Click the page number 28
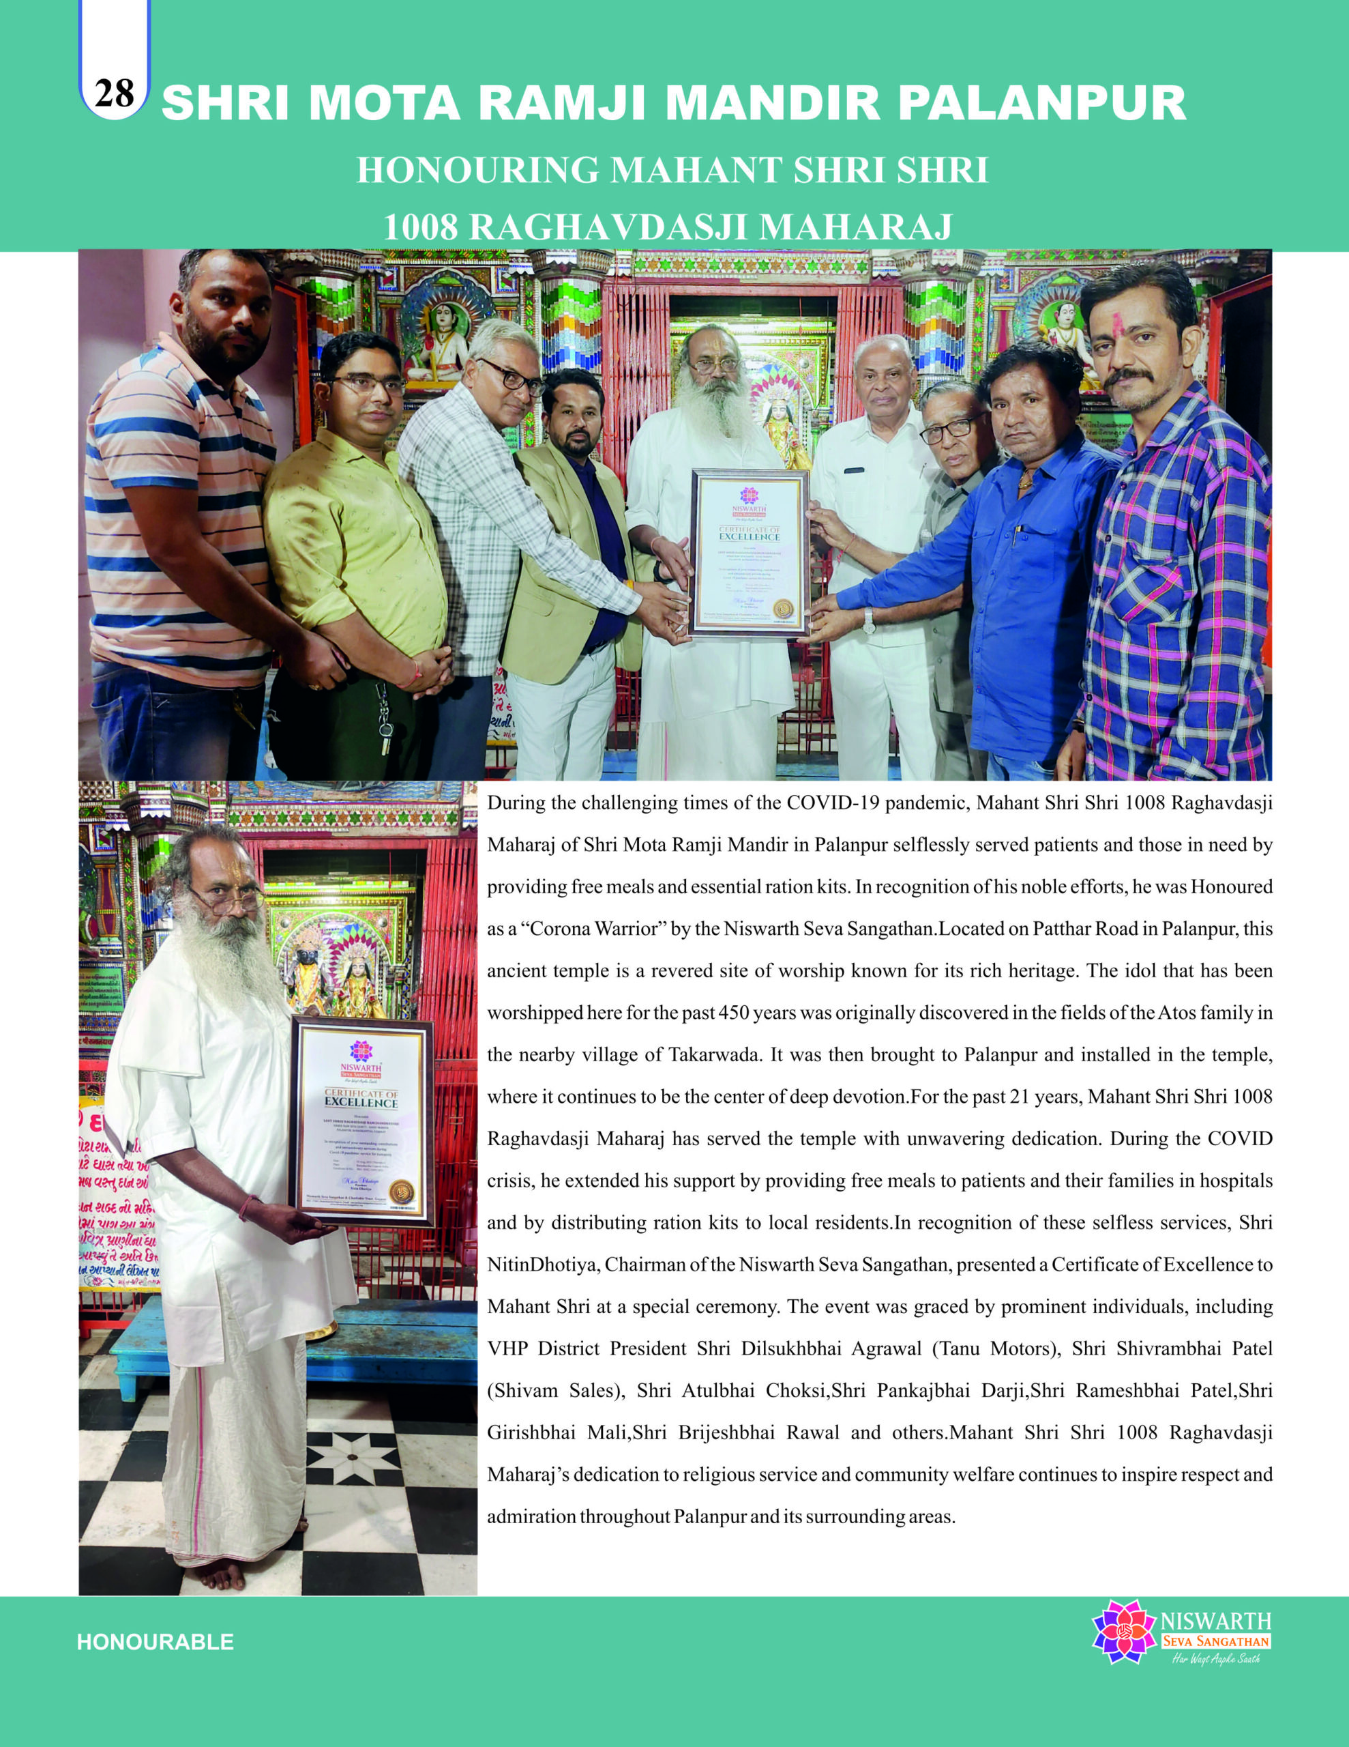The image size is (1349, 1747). coord(113,93)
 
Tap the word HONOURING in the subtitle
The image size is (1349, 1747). coord(477,171)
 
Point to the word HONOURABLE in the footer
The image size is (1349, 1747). coord(155,1642)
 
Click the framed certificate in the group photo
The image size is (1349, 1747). coord(750,551)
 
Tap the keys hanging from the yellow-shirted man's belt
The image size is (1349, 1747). coord(385,719)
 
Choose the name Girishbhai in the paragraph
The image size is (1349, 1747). coord(531,1432)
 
